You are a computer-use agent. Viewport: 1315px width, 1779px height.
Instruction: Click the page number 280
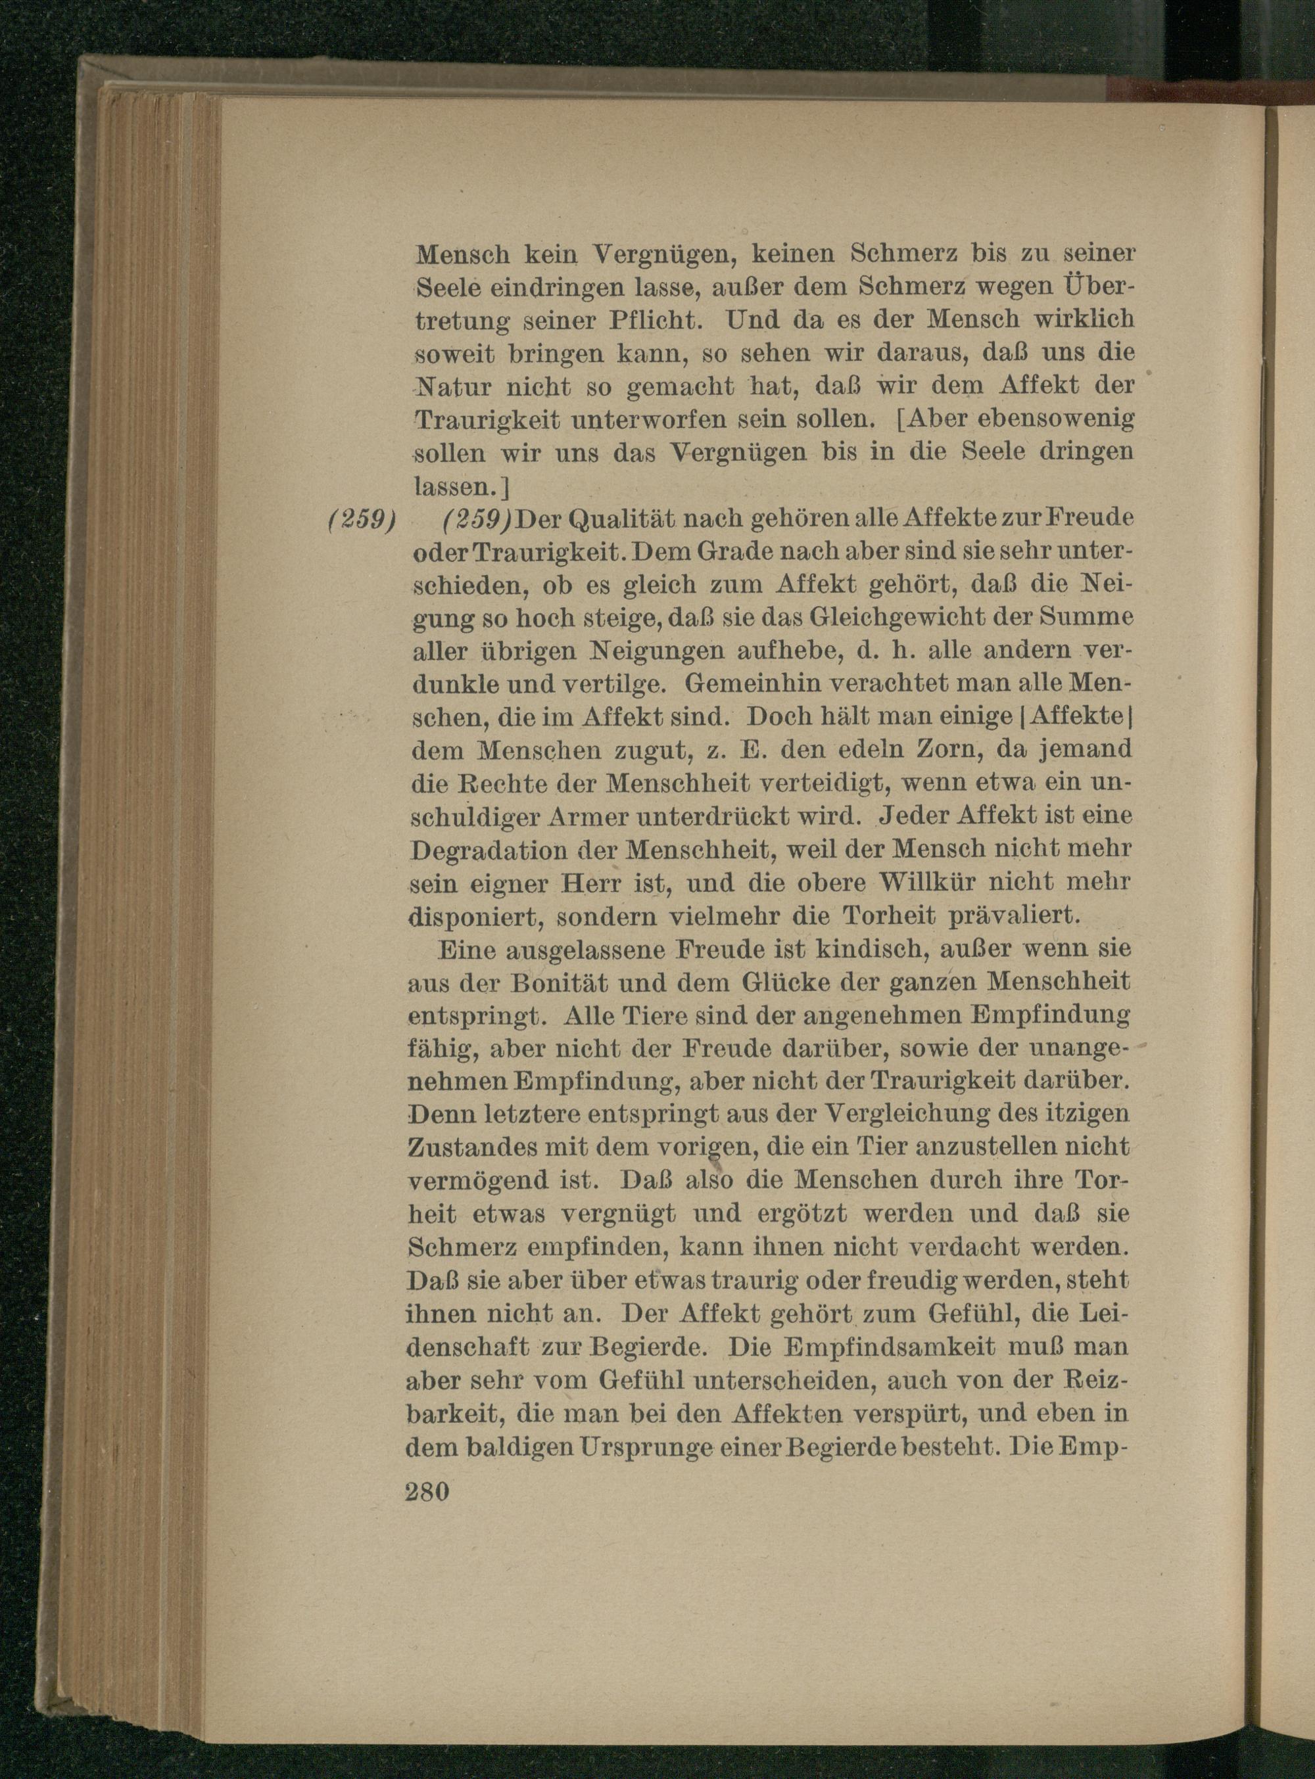(x=428, y=1490)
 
